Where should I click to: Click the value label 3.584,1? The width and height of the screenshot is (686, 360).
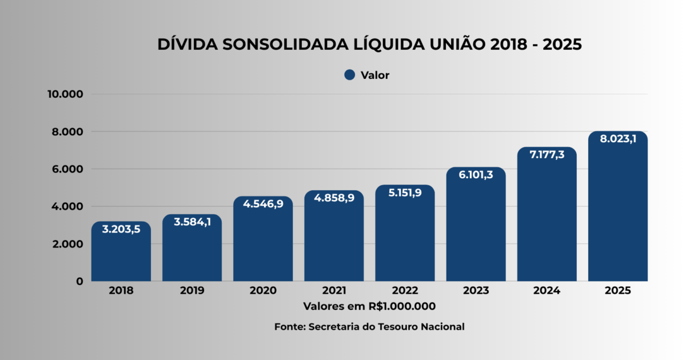click(x=192, y=222)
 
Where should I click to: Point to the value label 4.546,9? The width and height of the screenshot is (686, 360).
click(x=263, y=204)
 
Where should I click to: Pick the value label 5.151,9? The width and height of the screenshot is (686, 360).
click(x=405, y=193)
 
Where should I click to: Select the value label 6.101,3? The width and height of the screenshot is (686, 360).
click(x=476, y=175)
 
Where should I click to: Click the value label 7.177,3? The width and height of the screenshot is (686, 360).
click(x=547, y=154)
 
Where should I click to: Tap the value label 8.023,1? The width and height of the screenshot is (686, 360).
click(x=617, y=139)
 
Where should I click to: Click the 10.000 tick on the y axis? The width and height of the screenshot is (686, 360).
click(x=65, y=94)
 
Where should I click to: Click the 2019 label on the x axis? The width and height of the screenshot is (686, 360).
click(x=192, y=290)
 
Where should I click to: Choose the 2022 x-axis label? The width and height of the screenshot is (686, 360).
click(x=405, y=290)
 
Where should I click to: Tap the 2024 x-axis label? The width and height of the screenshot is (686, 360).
click(x=547, y=290)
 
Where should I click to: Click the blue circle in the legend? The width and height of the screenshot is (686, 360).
click(x=350, y=75)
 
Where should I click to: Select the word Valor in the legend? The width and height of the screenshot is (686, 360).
click(x=375, y=75)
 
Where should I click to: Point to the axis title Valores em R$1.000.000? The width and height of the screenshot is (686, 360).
click(x=369, y=306)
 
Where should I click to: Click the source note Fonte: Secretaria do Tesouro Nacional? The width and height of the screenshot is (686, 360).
click(x=369, y=327)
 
